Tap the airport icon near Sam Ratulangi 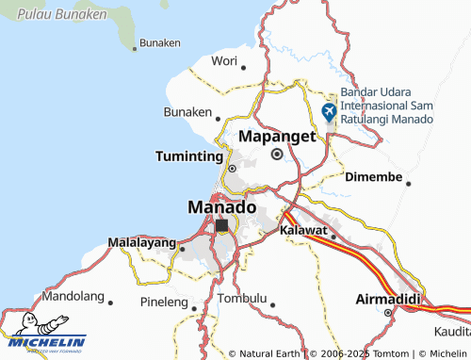329,111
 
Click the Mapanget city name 276,136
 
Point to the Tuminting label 189,156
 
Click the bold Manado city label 221,206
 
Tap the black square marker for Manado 222,226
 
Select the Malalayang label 142,243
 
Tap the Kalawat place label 302,229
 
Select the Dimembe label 374,177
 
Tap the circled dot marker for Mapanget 277,154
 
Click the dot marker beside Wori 243,66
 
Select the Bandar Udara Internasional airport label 386,106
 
